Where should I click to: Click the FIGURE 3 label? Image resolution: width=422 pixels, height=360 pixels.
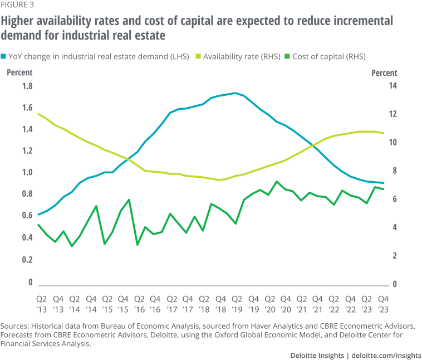tap(18, 7)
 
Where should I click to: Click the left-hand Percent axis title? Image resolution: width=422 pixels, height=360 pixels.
tap(19, 72)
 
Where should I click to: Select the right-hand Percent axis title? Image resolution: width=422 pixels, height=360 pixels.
tap(384, 73)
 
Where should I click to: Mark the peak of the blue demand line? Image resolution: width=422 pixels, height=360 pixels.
tap(236, 93)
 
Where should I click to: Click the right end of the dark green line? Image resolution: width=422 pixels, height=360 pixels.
tap(384, 189)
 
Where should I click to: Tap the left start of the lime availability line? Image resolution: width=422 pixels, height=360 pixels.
tap(38, 114)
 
